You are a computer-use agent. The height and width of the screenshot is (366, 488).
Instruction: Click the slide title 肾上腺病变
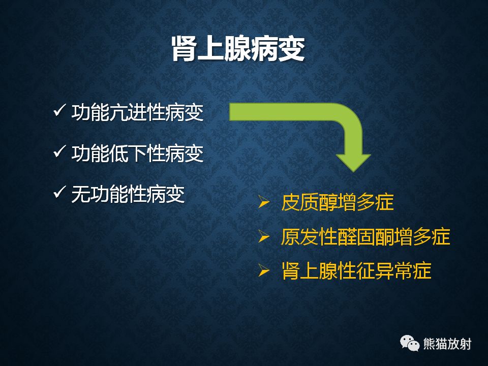pyautogui.click(x=238, y=49)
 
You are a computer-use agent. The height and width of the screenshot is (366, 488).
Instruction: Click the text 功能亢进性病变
pyautogui.click(x=137, y=112)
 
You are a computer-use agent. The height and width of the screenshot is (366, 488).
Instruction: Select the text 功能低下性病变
pyautogui.click(x=137, y=153)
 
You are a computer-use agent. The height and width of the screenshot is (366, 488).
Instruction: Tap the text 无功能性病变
pyautogui.click(x=128, y=193)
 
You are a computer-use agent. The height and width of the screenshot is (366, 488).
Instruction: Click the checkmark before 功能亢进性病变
pyautogui.click(x=59, y=111)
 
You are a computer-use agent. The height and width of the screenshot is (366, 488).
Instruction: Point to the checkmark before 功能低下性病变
pyautogui.click(x=59, y=152)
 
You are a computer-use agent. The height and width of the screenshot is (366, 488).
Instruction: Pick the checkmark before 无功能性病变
pyautogui.click(x=59, y=192)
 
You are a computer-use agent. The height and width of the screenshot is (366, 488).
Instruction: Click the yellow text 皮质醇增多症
pyautogui.click(x=337, y=202)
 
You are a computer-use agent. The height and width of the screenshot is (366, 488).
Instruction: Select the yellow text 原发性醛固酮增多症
pyautogui.click(x=365, y=236)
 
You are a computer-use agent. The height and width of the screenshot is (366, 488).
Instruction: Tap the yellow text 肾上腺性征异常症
pyautogui.click(x=356, y=270)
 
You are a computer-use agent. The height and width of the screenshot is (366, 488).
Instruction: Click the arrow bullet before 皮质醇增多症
pyautogui.click(x=263, y=202)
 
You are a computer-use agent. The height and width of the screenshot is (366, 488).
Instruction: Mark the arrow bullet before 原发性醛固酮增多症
pyautogui.click(x=263, y=236)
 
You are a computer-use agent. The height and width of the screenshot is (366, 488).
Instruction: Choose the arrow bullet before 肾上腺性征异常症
pyautogui.click(x=263, y=270)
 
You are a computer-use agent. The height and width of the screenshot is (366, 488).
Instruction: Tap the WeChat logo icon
pyautogui.click(x=410, y=343)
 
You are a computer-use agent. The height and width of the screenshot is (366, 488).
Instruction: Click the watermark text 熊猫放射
pyautogui.click(x=447, y=344)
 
